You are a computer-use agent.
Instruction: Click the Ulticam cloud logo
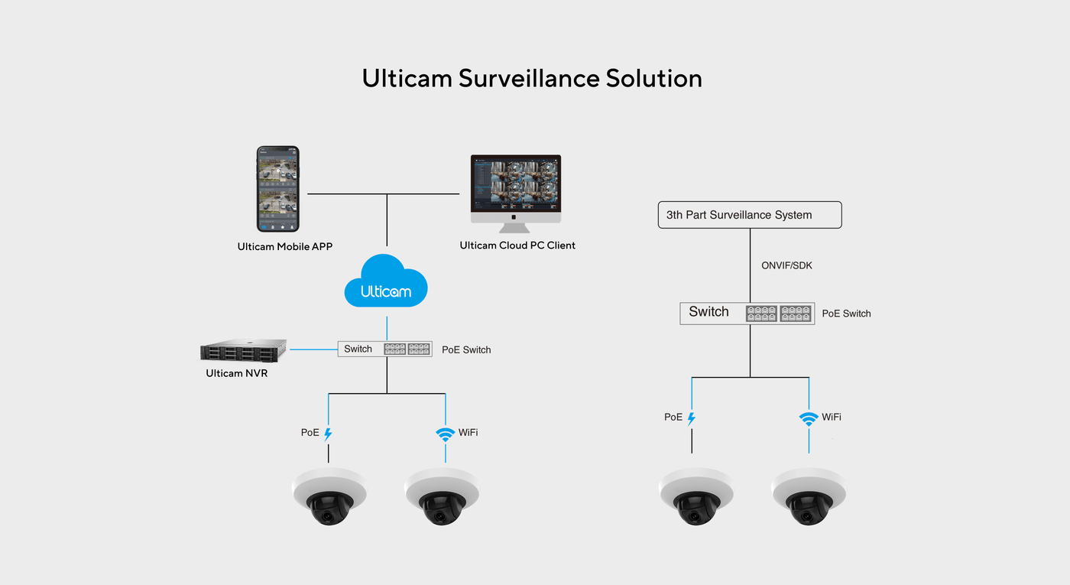coord(386,283)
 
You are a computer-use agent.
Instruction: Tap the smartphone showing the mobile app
coord(277,189)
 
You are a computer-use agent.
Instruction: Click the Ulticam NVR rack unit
coord(244,350)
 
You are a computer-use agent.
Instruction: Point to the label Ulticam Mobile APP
coord(284,247)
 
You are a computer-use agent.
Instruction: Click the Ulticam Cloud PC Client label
coord(517,245)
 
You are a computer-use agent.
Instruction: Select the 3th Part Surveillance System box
coord(749,215)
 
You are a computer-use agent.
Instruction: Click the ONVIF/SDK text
coord(786,266)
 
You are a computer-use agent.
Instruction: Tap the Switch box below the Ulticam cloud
coord(385,349)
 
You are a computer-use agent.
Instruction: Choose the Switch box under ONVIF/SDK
coord(747,313)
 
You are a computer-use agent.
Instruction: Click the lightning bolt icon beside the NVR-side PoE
coord(329,434)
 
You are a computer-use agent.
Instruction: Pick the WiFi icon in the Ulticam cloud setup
coord(445,434)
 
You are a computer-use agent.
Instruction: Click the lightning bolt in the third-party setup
coord(692,418)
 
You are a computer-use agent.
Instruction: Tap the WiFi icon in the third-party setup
coord(808,418)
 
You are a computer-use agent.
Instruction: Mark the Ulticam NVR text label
coord(237,374)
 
